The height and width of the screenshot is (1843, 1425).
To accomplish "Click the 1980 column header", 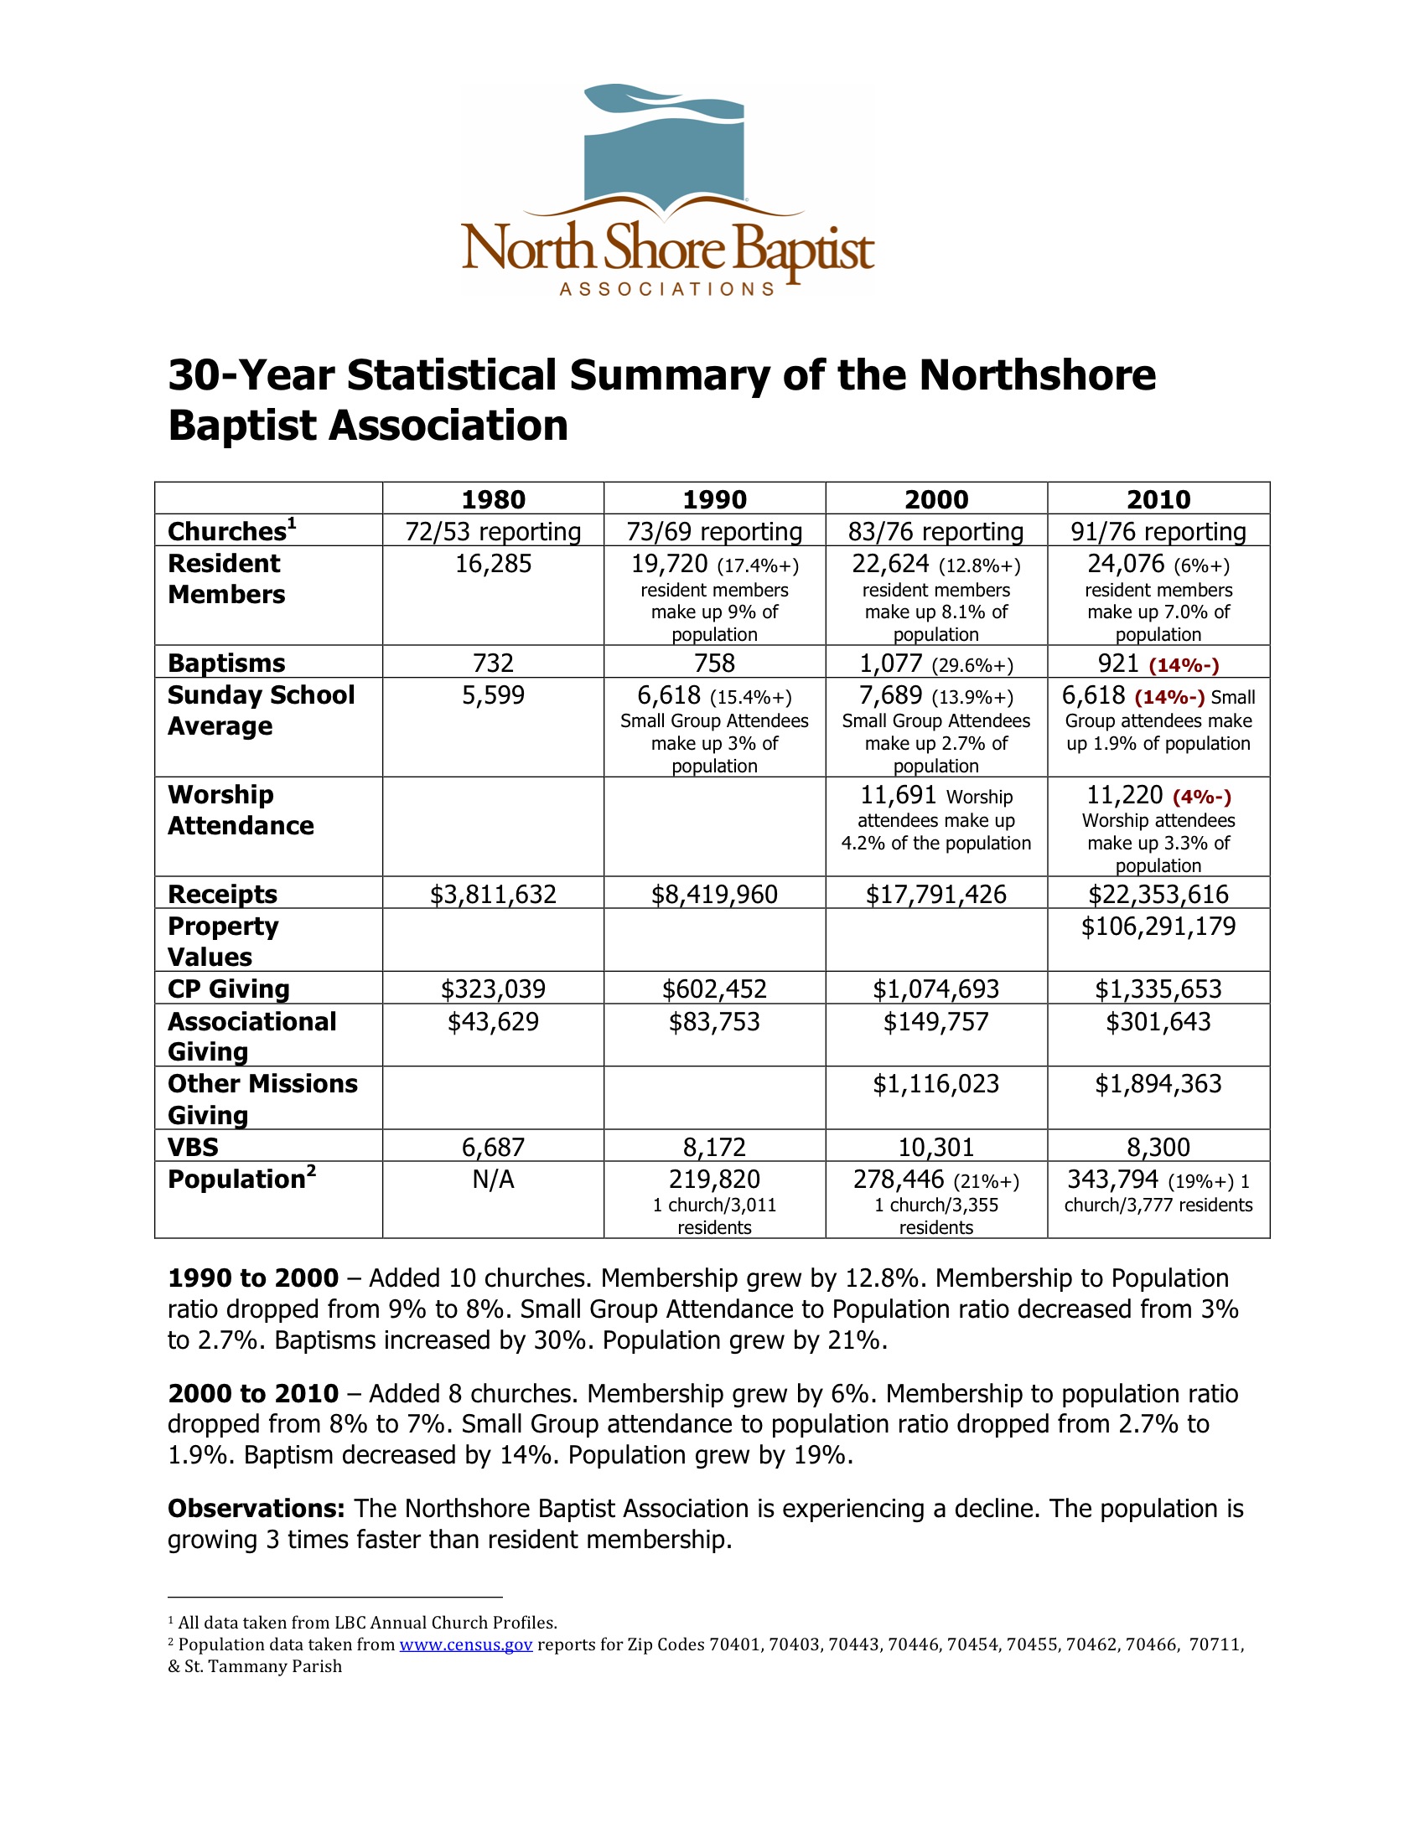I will coord(493,499).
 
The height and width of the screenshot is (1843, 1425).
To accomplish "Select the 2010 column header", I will coord(1158,499).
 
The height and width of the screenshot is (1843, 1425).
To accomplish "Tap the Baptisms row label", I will coord(226,663).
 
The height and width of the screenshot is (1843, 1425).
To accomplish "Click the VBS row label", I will coord(194,1147).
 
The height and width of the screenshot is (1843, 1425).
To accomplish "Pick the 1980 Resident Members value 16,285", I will coord(493,564).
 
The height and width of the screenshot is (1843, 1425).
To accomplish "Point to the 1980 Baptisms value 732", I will coord(493,663).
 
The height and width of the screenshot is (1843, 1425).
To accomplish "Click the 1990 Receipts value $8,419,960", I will coord(714,895).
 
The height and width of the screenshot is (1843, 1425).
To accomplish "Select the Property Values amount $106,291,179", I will coord(1158,927).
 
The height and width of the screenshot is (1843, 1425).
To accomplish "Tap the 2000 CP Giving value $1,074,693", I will coord(935,989).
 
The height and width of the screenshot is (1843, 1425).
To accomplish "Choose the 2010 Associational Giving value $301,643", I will coord(1158,1022).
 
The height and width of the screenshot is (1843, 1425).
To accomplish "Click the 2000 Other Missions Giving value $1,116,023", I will coord(935,1083).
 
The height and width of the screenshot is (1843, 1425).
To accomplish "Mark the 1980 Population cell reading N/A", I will coord(493,1180).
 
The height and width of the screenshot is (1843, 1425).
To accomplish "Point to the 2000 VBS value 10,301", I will coord(935,1148).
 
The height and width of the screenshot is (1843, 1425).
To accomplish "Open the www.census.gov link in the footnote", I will coord(465,1644).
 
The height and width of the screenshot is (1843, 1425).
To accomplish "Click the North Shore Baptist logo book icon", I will coord(665,152).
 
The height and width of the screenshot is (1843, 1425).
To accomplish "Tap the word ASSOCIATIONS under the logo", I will coord(667,290).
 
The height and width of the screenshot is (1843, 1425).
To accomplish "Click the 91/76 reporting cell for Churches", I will coord(1158,532).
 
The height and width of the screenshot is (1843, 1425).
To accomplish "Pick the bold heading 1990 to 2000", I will coord(252,1278).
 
